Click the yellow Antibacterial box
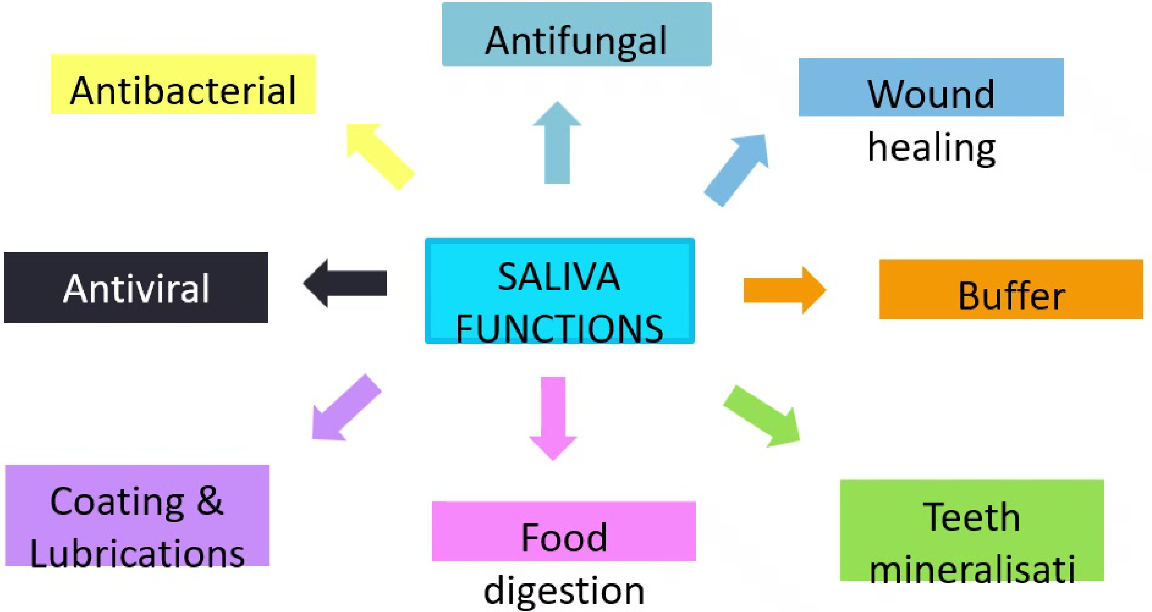[183, 84]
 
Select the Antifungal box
[576, 34]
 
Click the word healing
[931, 148]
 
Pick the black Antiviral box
[136, 288]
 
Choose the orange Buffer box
[1011, 289]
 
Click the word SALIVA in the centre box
[559, 277]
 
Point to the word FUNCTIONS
[560, 329]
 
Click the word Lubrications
[137, 554]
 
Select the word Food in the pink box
[564, 537]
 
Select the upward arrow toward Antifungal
[557, 143]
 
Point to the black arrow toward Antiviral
[345, 283]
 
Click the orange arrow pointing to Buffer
[785, 290]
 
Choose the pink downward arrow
[553, 419]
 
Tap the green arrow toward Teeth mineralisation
[762, 416]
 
